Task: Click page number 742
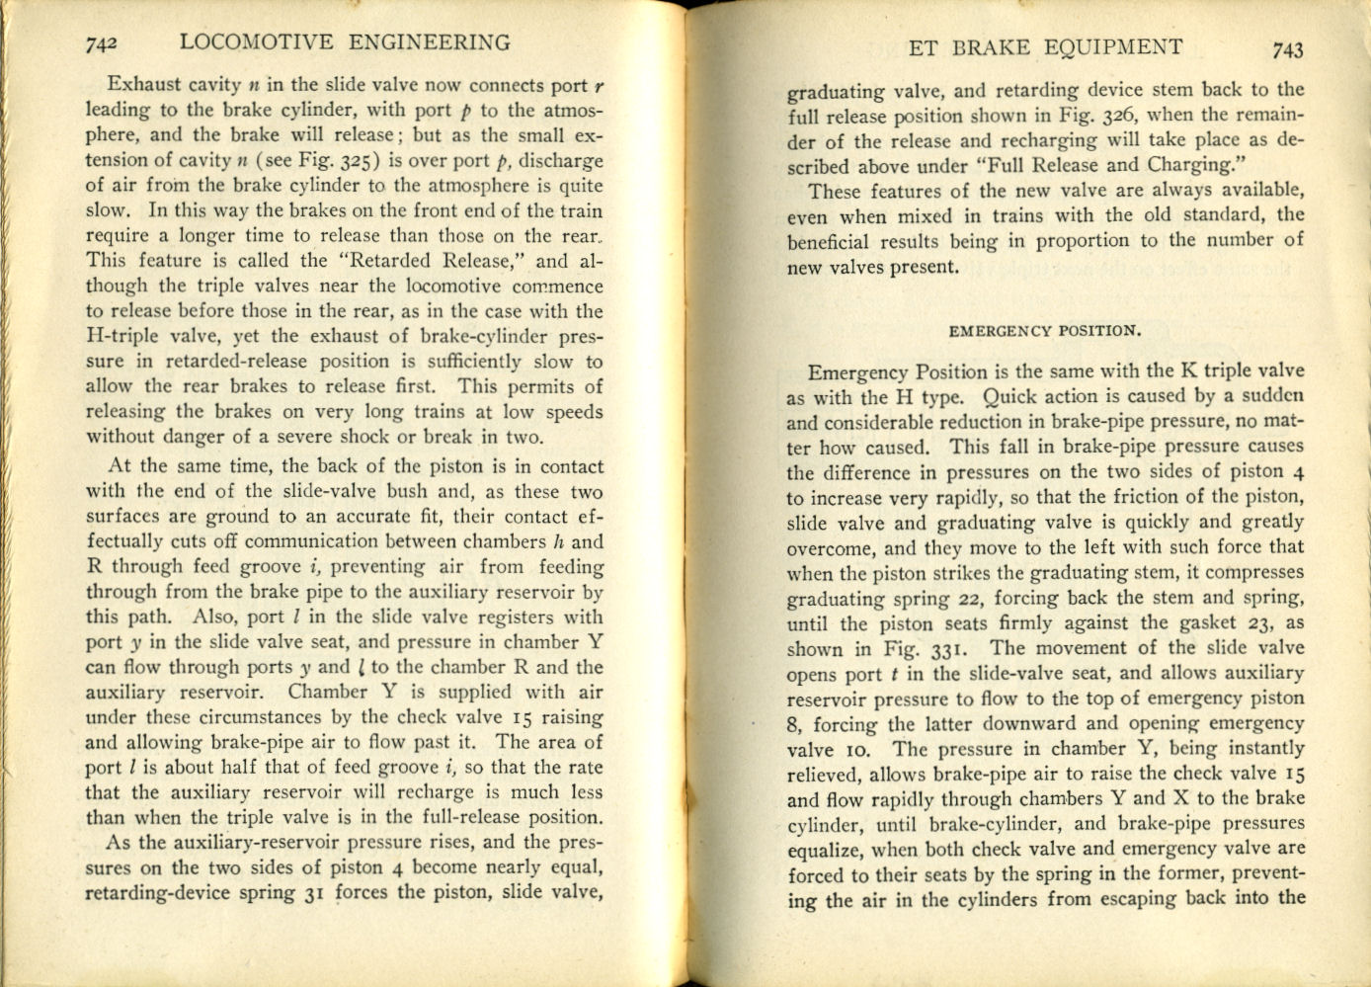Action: pyautogui.click(x=102, y=43)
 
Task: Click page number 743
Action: pyautogui.click(x=1288, y=49)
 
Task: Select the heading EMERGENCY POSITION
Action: pyautogui.click(x=1044, y=331)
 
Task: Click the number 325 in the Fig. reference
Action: pyautogui.click(x=352, y=160)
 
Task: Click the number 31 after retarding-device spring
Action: pyautogui.click(x=313, y=892)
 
